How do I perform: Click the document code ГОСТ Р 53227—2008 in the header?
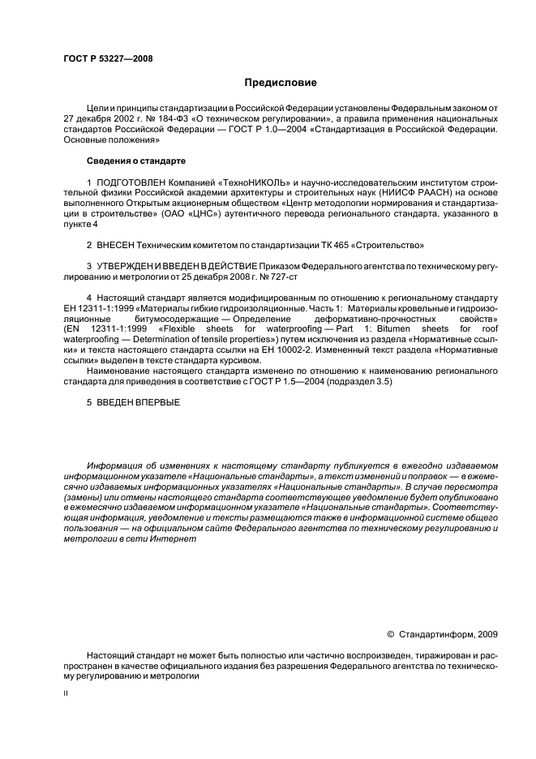tap(108, 58)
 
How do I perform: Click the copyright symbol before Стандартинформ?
tap(390, 633)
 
